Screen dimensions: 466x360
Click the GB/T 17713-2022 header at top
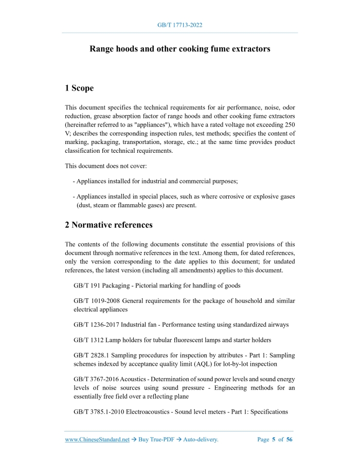click(x=179, y=25)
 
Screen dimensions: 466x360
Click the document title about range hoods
click(x=179, y=49)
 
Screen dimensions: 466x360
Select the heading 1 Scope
click(x=79, y=88)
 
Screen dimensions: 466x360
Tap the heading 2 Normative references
click(x=109, y=225)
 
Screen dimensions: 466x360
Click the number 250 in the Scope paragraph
click(x=290, y=124)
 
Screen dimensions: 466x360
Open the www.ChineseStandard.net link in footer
click(x=97, y=440)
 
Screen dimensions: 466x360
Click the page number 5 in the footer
click(x=274, y=440)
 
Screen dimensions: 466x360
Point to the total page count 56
click(x=290, y=440)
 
